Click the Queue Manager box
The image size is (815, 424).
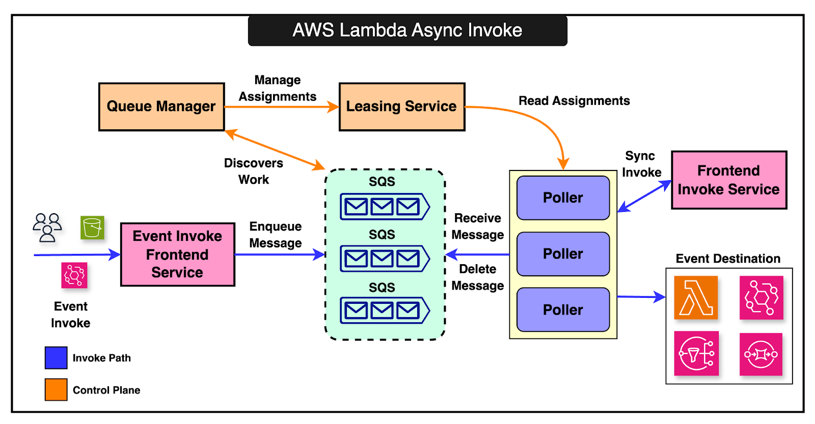161,107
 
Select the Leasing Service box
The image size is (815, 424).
402,107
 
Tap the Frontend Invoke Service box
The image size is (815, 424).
729,180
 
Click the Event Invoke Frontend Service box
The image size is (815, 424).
178,255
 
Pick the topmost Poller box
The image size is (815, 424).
563,198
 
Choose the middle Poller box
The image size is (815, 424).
563,254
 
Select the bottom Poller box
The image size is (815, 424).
563,309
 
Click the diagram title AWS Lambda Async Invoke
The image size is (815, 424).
407,31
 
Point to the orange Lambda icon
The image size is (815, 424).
696,298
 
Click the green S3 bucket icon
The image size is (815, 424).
92,228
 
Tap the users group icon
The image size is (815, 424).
47,228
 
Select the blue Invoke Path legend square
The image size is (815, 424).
56,358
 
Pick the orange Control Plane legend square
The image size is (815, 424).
56,390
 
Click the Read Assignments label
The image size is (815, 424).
574,101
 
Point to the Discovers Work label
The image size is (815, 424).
254,171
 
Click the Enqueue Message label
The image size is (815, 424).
275,235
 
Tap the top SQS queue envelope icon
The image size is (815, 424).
385,207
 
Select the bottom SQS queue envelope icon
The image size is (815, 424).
385,310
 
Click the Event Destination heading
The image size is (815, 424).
728,259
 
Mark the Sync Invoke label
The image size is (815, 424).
641,164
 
